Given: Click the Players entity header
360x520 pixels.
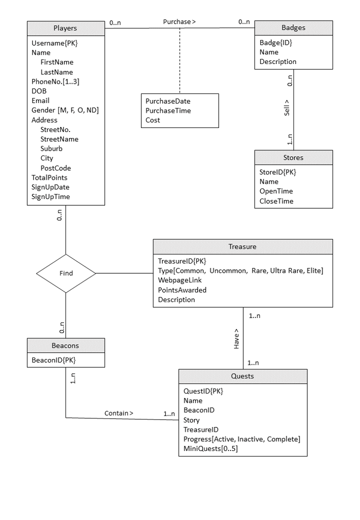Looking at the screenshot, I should (66, 28).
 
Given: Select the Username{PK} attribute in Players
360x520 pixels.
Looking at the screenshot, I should (54, 43).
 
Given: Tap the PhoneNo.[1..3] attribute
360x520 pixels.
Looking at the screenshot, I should (55, 81).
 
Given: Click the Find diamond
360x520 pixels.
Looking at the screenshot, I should (66, 273).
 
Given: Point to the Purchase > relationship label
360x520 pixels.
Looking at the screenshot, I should (179, 22).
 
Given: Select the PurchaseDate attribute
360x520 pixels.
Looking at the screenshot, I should (168, 101).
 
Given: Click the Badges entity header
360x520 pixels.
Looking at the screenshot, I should (293, 27).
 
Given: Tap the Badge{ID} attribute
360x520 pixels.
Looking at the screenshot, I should (276, 43).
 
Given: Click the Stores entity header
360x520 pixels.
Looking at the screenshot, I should (293, 157).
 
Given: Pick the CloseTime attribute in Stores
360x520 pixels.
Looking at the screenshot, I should (276, 201).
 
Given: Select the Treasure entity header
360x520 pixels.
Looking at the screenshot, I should (243, 247).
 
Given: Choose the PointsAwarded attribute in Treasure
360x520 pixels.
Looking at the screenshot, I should (182, 290).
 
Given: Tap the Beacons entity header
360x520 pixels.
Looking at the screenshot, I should (66, 346).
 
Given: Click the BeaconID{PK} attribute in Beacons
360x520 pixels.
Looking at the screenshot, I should (53, 360).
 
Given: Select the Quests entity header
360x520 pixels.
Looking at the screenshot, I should (243, 376).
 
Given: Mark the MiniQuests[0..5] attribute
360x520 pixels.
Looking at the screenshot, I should (210, 448).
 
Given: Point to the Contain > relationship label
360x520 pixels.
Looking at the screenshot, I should (119, 413).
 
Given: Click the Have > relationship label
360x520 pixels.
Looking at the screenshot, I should (236, 338).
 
